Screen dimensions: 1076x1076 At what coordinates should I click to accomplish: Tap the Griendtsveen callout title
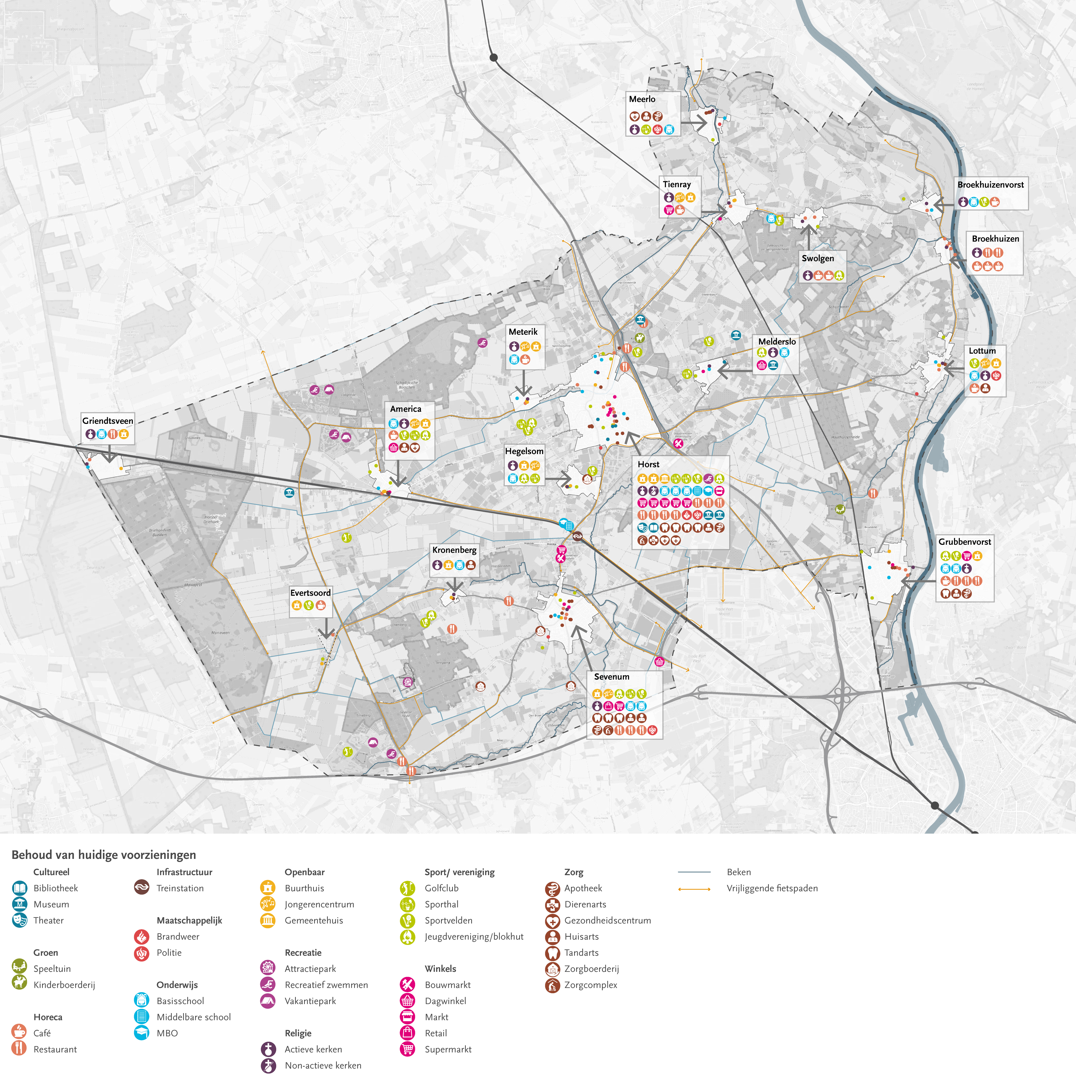tap(108, 421)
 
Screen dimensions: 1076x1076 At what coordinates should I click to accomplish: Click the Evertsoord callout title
tap(310, 593)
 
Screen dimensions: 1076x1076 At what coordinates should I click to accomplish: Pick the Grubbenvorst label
tap(965, 541)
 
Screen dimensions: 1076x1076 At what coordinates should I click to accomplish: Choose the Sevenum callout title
tap(612, 677)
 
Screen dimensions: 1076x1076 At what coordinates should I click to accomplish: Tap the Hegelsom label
tap(524, 451)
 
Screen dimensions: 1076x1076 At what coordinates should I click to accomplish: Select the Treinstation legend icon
tap(142, 888)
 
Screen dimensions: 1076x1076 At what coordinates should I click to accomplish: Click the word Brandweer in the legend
tap(178, 936)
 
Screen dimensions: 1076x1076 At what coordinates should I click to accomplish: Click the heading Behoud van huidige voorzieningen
tap(104, 855)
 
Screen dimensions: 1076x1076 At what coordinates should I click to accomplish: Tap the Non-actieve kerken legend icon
tap(268, 1065)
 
